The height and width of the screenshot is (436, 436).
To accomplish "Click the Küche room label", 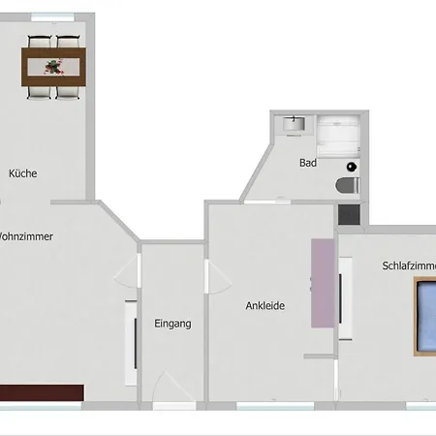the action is tap(22, 173).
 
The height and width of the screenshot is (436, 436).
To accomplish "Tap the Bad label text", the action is tap(308, 163).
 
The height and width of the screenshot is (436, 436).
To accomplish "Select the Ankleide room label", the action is tap(265, 305).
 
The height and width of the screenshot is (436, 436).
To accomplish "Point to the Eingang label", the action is tap(172, 324).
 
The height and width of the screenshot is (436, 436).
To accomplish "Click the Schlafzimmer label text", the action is tap(409, 265).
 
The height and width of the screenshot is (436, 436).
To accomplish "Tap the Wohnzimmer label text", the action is tap(26, 236).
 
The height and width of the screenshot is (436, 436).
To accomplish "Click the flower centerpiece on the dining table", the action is tap(53, 67).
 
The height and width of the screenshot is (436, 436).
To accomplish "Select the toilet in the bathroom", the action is tap(348, 185).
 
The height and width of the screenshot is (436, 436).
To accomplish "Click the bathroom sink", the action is tap(294, 124).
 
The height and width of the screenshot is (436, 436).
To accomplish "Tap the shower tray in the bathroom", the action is tap(338, 137).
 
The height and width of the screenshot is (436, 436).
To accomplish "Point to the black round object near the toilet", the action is tap(352, 167).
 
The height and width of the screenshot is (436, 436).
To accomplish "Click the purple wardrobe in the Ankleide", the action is tap(323, 283).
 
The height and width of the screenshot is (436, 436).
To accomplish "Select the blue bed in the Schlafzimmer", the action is tap(425, 317).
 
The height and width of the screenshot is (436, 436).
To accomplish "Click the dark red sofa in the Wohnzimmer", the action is tap(42, 392).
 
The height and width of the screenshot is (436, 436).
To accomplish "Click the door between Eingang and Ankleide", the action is tap(218, 277).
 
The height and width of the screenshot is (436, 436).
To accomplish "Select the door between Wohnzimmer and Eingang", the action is tap(127, 270).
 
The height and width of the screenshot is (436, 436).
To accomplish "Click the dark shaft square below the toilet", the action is tap(349, 214).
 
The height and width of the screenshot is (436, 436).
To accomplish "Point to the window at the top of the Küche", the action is tap(52, 17).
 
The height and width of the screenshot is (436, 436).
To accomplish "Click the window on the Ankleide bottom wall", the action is tap(275, 406).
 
